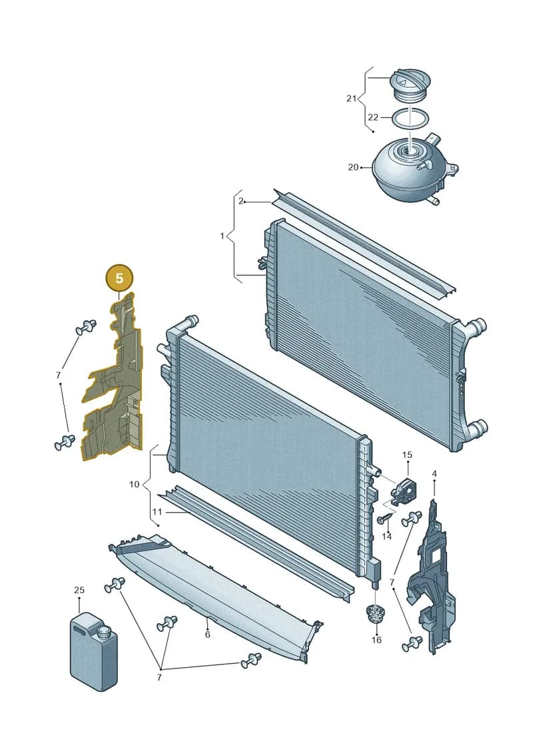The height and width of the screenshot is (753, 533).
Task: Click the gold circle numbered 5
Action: click(119, 278)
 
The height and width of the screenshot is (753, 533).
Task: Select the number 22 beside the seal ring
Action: click(373, 117)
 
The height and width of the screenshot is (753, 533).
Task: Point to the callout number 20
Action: click(353, 167)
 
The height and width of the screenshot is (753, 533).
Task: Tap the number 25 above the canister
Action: click(79, 590)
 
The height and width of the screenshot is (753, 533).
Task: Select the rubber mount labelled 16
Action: click(374, 615)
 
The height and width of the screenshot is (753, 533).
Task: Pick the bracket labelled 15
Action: click(404, 491)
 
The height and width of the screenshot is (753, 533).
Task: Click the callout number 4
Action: click(434, 474)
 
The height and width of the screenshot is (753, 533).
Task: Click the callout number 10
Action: click(134, 484)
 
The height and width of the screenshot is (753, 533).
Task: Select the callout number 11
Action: click(157, 512)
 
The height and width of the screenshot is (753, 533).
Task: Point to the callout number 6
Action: click(207, 635)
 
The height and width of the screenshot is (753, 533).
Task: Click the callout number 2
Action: click(241, 201)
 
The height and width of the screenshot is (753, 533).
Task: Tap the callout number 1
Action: click(222, 236)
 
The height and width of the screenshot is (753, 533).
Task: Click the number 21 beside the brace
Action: click(351, 99)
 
